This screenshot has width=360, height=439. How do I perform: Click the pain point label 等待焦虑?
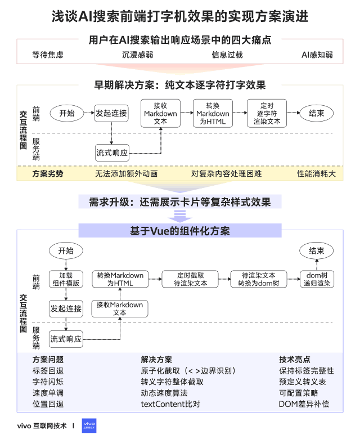pyautogui.click(x=48, y=55)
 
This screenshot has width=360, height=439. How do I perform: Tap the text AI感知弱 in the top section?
pyautogui.click(x=317, y=55)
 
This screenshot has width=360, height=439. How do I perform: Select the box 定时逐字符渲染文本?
pyautogui.click(x=267, y=114)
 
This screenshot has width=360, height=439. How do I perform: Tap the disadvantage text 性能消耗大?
pyautogui.click(x=317, y=174)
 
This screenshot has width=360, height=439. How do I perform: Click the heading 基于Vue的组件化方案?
pyautogui.click(x=179, y=231)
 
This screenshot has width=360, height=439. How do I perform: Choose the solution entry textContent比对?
pyautogui.click(x=170, y=404)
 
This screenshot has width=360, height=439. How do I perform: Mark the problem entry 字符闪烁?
pyautogui.click(x=48, y=382)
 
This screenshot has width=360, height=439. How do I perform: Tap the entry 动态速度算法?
pyautogui.click(x=164, y=393)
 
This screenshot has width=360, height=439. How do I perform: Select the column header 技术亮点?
pyautogui.click(x=294, y=359)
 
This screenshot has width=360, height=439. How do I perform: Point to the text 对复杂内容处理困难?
pyautogui.click(x=227, y=174)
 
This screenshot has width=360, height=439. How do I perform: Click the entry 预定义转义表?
pyautogui.click(x=302, y=382)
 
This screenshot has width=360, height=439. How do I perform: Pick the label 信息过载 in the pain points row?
pyautogui.click(x=227, y=55)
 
